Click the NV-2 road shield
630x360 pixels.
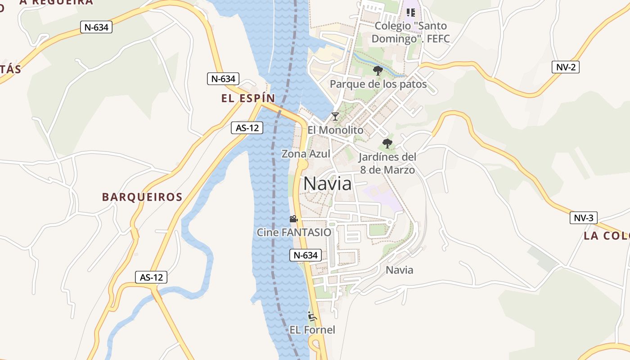tap(565, 67)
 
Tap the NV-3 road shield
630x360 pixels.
tap(584, 218)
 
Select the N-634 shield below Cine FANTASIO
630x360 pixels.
tap(306, 255)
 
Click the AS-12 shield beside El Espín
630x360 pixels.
tap(247, 128)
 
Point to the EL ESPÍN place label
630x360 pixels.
tap(248, 99)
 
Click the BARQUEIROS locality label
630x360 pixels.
tap(142, 197)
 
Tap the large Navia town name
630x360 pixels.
tap(328, 184)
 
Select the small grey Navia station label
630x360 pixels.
tap(400, 270)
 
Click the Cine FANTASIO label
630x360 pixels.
tap(294, 233)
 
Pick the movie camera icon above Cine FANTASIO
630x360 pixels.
tap(293, 219)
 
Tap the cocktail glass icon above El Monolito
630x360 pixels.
tap(335, 117)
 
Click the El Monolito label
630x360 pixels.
tap(335, 130)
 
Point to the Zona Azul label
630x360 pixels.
tap(306, 154)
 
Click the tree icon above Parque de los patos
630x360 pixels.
tap(378, 71)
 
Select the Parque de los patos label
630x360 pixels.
tap(378, 84)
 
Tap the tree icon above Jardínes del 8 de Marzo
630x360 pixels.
tap(387, 144)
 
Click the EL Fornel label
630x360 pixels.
tap(312, 330)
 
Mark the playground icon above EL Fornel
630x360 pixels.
tap(312, 316)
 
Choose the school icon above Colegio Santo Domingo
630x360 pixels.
tap(410, 13)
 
